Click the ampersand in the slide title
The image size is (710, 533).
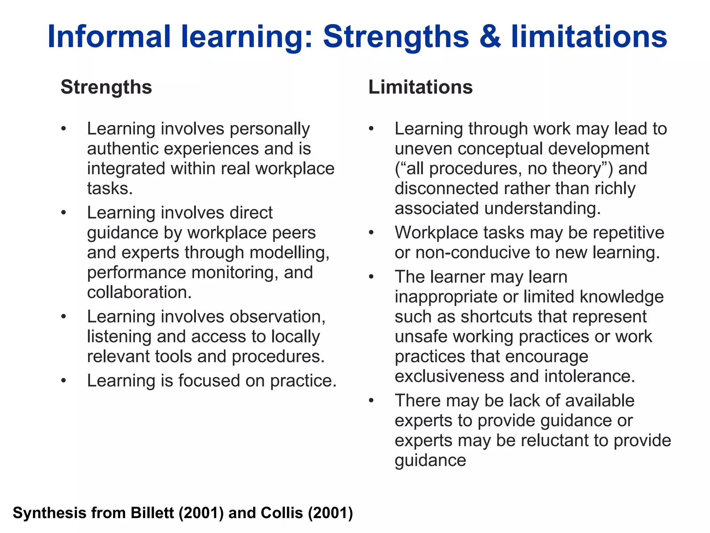coord(490,37)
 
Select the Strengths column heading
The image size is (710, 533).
coord(106,87)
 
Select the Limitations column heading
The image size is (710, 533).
coord(420,87)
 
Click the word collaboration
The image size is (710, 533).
coord(139,292)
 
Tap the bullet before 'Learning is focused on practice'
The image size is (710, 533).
coord(63,381)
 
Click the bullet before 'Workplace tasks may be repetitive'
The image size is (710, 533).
coord(371,233)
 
